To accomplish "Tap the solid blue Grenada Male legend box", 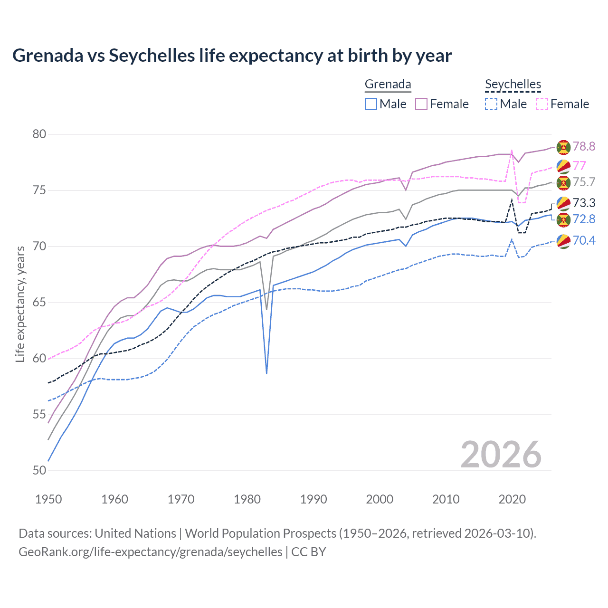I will [x=371, y=104].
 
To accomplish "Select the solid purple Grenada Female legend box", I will [x=421, y=104].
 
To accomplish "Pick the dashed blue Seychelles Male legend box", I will [x=491, y=104].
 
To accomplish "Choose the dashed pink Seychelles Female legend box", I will [x=542, y=104].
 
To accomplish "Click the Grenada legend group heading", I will [x=388, y=84].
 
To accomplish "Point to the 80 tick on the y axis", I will [x=39, y=134].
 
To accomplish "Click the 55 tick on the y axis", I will [x=39, y=415].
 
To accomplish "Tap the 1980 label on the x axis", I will [x=247, y=499].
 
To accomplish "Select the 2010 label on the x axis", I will [x=446, y=499].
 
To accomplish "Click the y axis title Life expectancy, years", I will [x=20, y=304].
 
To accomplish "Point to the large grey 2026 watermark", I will [x=501, y=455].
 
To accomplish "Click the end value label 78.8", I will [x=584, y=147].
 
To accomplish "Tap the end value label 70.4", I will [x=584, y=241].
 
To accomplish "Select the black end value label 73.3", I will [x=584, y=203].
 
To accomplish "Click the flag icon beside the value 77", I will [x=563, y=166].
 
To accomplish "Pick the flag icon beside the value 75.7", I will [x=563, y=182].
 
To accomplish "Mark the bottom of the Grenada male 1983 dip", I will [x=266, y=373].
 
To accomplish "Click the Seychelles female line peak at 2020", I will [x=512, y=151].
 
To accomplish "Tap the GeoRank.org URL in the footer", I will [x=151, y=552].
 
